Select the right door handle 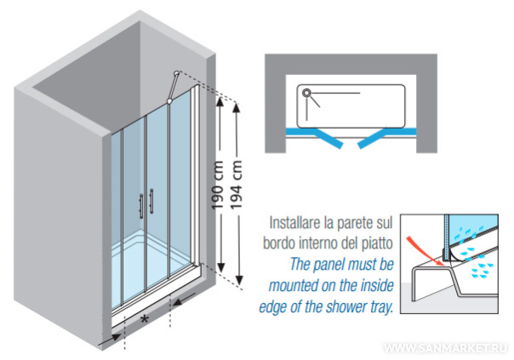pos(151,202)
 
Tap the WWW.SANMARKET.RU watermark pos(445,349)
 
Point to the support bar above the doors pos(173,88)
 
